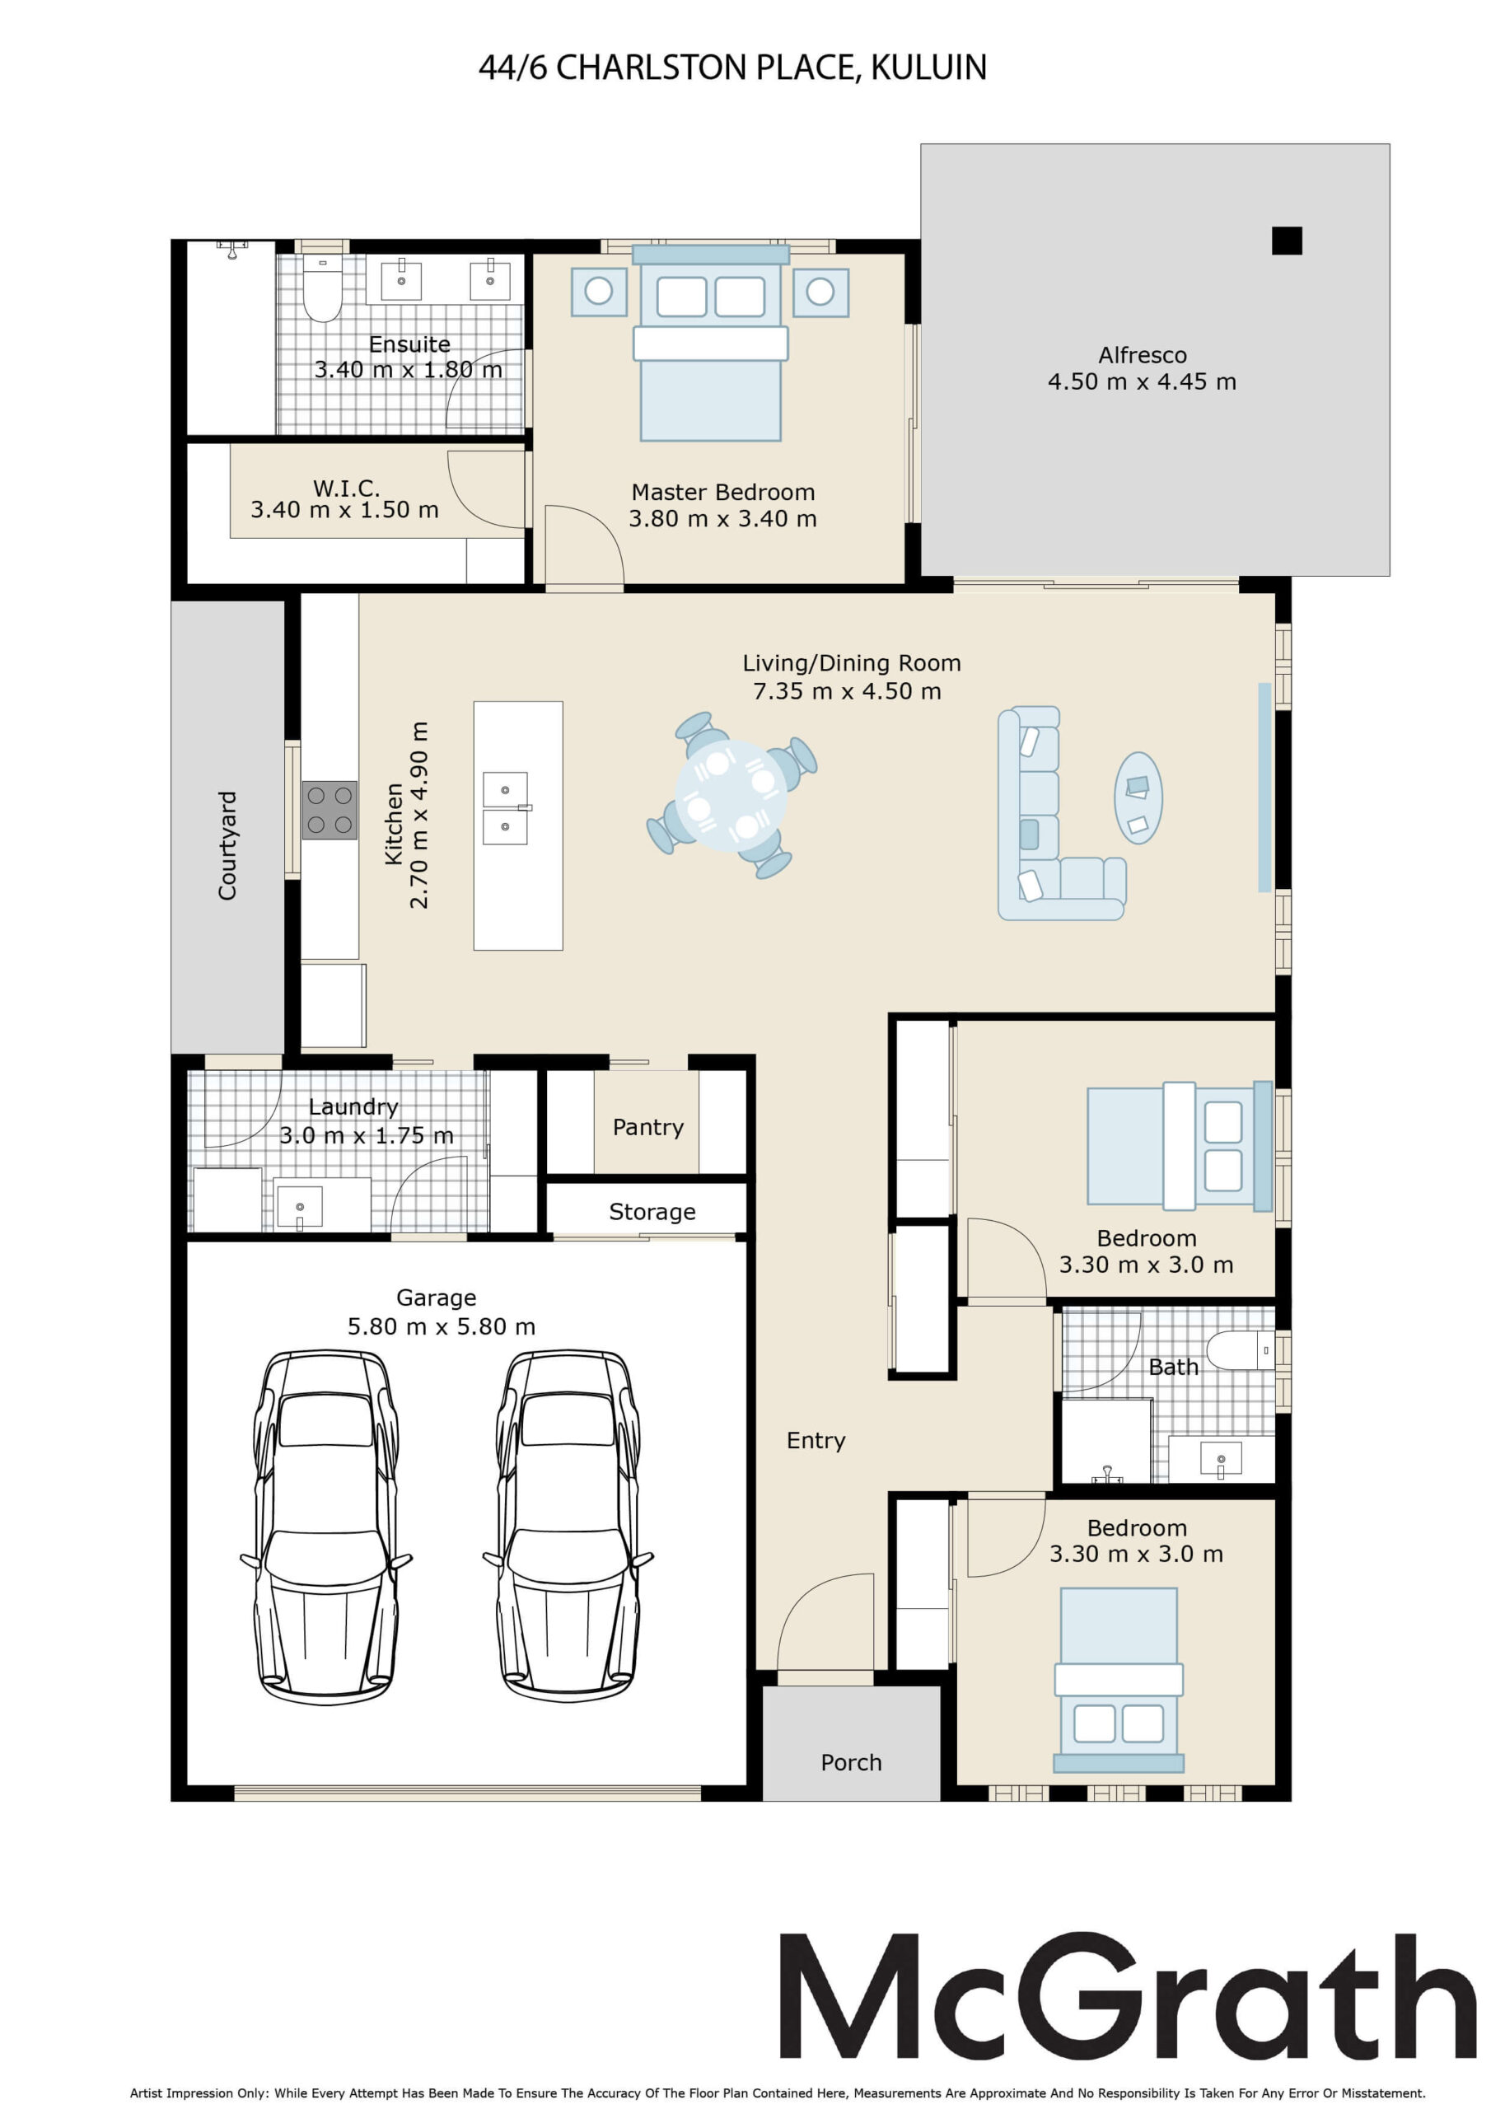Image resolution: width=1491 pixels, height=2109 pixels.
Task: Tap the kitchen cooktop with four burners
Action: pyautogui.click(x=329, y=810)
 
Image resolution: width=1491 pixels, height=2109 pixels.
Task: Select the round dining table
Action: pyautogui.click(x=731, y=796)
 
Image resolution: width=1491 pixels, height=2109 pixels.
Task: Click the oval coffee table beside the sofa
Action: pyautogui.click(x=1138, y=798)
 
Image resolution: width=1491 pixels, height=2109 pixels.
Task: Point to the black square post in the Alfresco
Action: pyautogui.click(x=1286, y=241)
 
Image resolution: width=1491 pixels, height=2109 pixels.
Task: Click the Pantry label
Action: pyautogui.click(x=647, y=1127)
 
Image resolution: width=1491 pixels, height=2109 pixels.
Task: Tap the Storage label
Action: pyautogui.click(x=652, y=1212)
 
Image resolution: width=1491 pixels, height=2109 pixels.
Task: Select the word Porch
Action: pyautogui.click(x=851, y=1762)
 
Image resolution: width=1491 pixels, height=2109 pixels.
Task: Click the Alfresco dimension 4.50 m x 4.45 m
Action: pyautogui.click(x=1142, y=381)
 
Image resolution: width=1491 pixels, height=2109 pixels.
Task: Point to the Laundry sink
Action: pyautogui.click(x=300, y=1208)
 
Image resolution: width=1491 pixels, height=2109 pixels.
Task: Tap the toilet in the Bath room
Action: pyautogui.click(x=1241, y=1350)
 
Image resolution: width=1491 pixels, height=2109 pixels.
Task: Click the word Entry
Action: pyautogui.click(x=816, y=1440)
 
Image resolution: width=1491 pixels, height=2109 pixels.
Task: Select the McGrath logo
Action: pyautogui.click(x=1127, y=1995)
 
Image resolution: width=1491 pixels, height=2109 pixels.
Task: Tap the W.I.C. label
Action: pyautogui.click(x=346, y=488)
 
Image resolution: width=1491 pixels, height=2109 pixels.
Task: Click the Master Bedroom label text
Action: pyautogui.click(x=723, y=493)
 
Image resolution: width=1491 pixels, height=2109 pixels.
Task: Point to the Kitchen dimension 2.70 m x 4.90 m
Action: pyautogui.click(x=419, y=815)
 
